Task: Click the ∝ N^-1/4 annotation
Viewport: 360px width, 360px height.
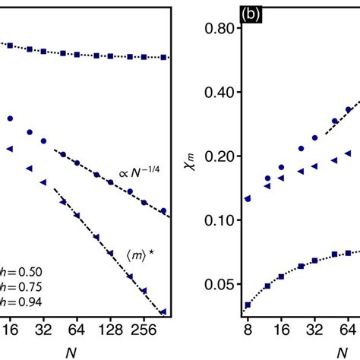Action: click(x=138, y=172)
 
